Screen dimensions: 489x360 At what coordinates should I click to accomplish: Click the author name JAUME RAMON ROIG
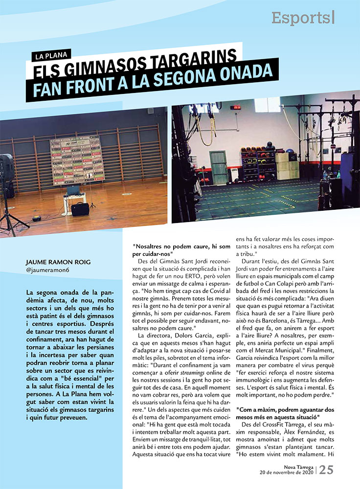tap(58, 262)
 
